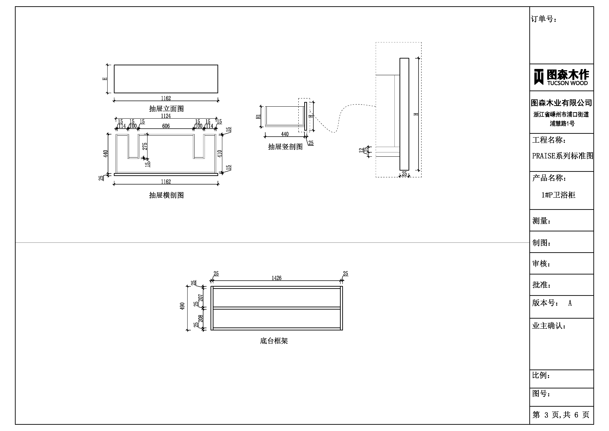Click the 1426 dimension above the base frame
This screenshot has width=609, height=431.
click(x=276, y=278)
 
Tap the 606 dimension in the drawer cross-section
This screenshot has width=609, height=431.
click(x=166, y=126)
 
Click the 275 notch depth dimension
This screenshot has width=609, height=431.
click(x=145, y=146)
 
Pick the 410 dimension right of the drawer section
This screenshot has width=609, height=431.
click(x=220, y=154)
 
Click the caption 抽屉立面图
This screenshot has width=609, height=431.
click(x=166, y=109)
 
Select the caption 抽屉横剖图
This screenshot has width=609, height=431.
click(x=166, y=195)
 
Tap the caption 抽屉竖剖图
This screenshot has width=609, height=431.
click(x=285, y=147)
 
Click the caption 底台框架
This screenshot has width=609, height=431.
click(x=274, y=341)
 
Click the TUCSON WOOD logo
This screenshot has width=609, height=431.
click(x=561, y=77)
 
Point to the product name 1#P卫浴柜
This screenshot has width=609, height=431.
click(x=558, y=195)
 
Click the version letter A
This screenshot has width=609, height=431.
click(x=570, y=303)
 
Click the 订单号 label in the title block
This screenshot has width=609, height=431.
click(x=544, y=19)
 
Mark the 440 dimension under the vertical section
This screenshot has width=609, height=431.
click(x=285, y=134)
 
